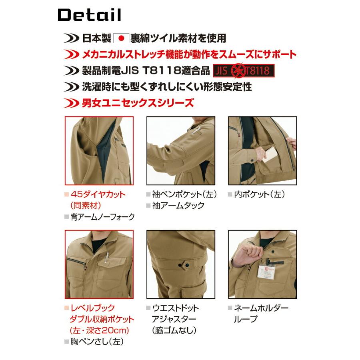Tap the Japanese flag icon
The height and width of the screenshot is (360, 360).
point(122,38)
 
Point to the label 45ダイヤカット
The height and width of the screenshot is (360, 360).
point(98,194)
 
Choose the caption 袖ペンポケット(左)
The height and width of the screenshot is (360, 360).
point(184,194)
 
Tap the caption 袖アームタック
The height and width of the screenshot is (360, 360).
point(178,206)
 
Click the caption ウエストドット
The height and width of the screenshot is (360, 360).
point(176,308)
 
